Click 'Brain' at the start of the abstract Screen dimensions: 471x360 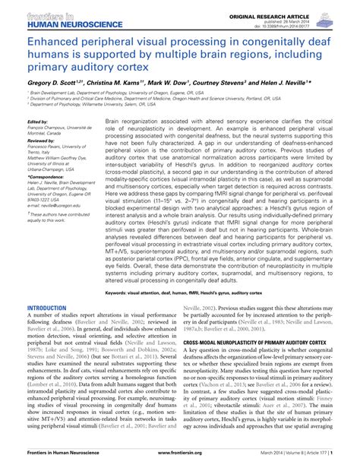(x=113, y=122)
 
